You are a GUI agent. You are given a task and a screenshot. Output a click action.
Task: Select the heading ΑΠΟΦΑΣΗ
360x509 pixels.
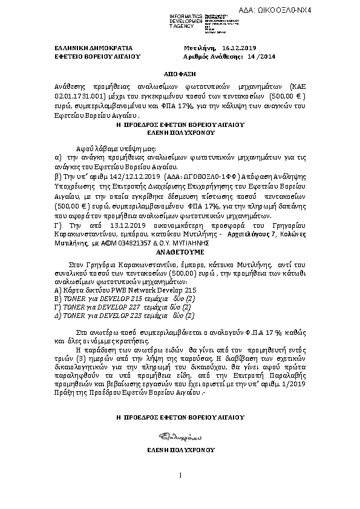point(179,70)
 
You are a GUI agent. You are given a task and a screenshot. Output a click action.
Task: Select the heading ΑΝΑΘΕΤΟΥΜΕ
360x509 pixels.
point(180,250)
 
